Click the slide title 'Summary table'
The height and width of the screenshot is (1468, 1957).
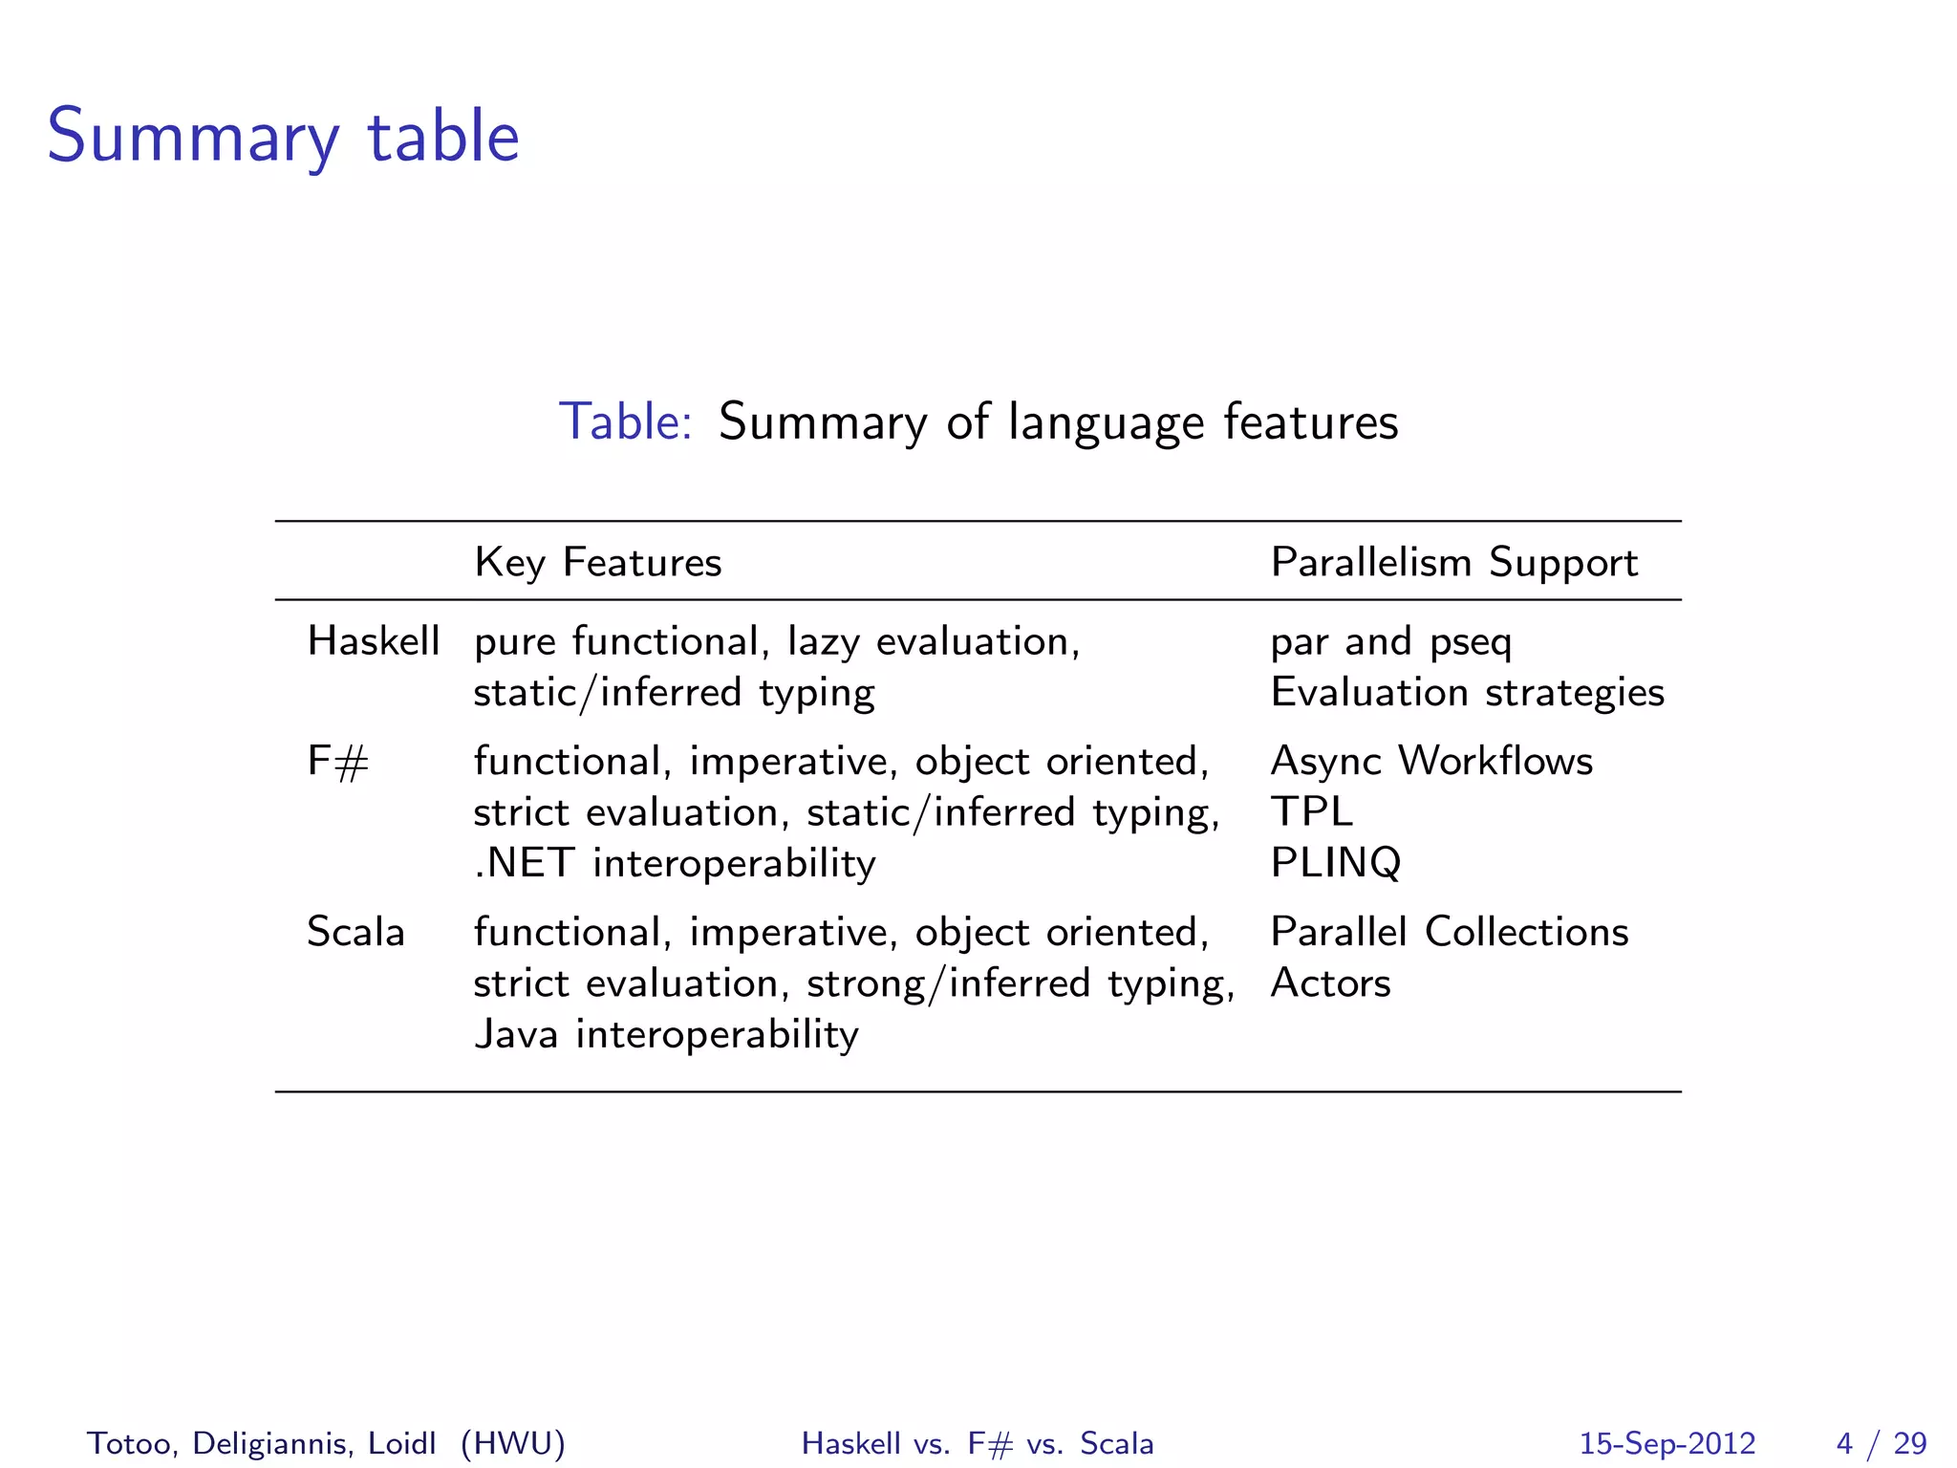(283, 137)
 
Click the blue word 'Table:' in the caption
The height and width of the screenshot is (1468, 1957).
(625, 421)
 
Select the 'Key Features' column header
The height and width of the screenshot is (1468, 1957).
(598, 562)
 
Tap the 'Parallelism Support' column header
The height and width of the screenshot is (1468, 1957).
(1453, 562)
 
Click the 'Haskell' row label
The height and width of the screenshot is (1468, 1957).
(374, 641)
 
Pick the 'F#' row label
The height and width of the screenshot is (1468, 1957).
(337, 762)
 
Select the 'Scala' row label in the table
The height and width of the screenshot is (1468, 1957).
(355, 932)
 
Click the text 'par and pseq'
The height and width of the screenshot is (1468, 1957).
(1391, 641)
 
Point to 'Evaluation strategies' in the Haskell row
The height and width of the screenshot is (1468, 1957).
(1467, 693)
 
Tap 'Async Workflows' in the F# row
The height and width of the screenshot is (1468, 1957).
(1431, 762)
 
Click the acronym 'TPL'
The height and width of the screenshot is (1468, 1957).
(1311, 812)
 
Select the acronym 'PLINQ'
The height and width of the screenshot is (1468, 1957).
(1335, 863)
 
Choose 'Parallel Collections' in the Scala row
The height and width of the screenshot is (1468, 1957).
(1449, 932)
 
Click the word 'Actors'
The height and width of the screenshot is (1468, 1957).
(1330, 983)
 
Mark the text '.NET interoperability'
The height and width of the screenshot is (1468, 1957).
(675, 863)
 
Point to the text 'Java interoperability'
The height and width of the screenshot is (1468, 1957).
(666, 1034)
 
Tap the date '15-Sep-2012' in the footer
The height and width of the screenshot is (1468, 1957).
(1667, 1443)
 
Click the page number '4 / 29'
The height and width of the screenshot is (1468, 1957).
(1881, 1443)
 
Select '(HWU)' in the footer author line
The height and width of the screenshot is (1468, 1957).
(513, 1443)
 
